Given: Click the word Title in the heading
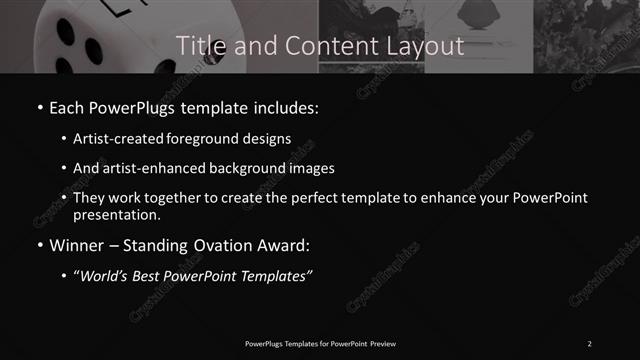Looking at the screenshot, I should pyautogui.click(x=197, y=46).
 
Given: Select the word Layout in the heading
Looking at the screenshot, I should pyautogui.click(x=426, y=46).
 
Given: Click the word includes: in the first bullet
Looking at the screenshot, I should pyautogui.click(x=286, y=106).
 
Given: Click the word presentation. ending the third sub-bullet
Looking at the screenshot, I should pyautogui.click(x=118, y=215).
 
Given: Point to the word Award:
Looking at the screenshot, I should pyautogui.click(x=287, y=244).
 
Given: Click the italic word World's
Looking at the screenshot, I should pyautogui.click(x=104, y=277).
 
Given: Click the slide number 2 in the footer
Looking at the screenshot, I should pyautogui.click(x=589, y=344).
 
